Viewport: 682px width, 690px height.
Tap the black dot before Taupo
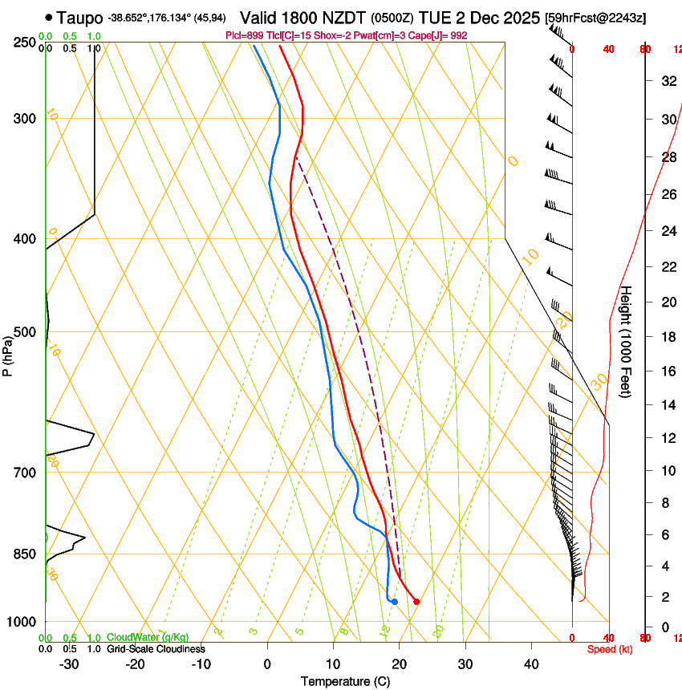tap(50, 16)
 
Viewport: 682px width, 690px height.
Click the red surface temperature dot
tap(416, 602)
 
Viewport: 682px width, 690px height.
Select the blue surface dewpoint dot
tap(394, 602)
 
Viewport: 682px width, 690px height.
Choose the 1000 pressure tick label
tap(23, 622)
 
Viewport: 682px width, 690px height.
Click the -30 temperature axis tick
tap(69, 664)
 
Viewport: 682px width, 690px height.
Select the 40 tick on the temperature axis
tap(531, 664)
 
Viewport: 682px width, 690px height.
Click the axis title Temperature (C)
tap(346, 681)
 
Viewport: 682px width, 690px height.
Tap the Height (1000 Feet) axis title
tap(627, 341)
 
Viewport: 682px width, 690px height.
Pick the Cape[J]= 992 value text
tap(445, 36)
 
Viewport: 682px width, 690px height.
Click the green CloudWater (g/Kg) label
tap(148, 637)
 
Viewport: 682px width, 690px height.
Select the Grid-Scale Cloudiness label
tap(156, 648)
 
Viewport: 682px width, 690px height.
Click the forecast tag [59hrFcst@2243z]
tap(595, 17)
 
